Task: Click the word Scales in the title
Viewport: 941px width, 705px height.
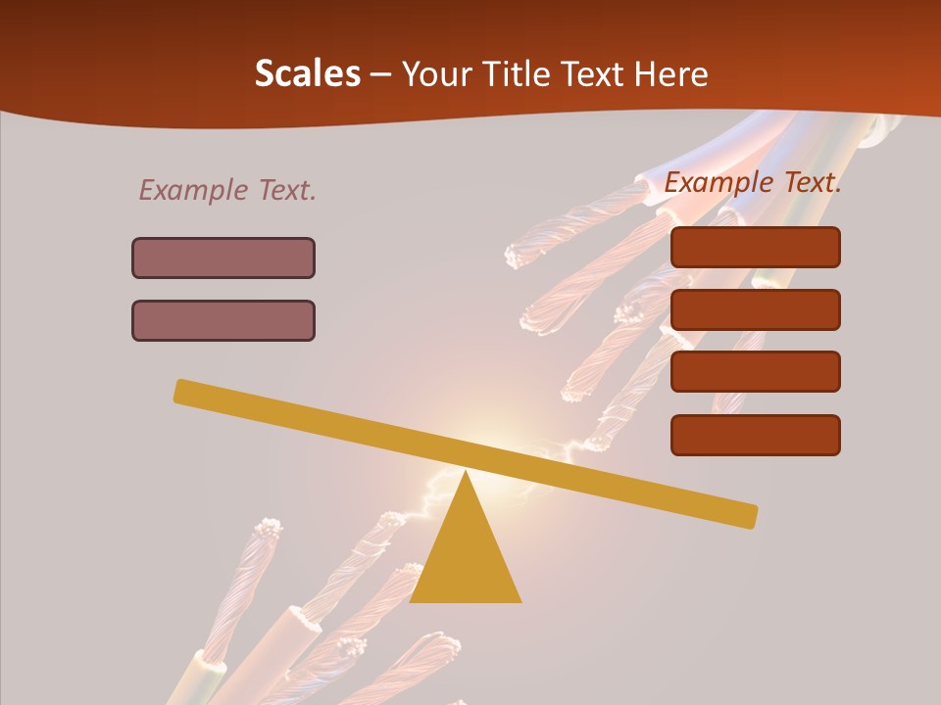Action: (x=307, y=74)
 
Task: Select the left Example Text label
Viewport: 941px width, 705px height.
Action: (x=227, y=190)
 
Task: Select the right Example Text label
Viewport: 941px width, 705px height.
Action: (x=753, y=182)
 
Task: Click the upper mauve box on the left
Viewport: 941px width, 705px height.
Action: (x=223, y=258)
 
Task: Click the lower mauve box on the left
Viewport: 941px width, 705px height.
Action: (x=223, y=320)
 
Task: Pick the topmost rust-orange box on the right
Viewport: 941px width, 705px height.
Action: (x=755, y=247)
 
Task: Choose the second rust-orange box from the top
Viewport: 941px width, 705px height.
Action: (x=755, y=309)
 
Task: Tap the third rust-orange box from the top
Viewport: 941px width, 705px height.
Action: (x=755, y=371)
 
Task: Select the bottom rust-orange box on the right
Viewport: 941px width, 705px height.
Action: (x=755, y=435)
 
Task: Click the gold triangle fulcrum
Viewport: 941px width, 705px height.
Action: (x=466, y=558)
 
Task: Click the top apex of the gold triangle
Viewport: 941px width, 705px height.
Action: (x=466, y=473)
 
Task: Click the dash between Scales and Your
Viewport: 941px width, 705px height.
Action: (x=380, y=74)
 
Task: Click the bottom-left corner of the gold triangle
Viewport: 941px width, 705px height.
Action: (x=412, y=600)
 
